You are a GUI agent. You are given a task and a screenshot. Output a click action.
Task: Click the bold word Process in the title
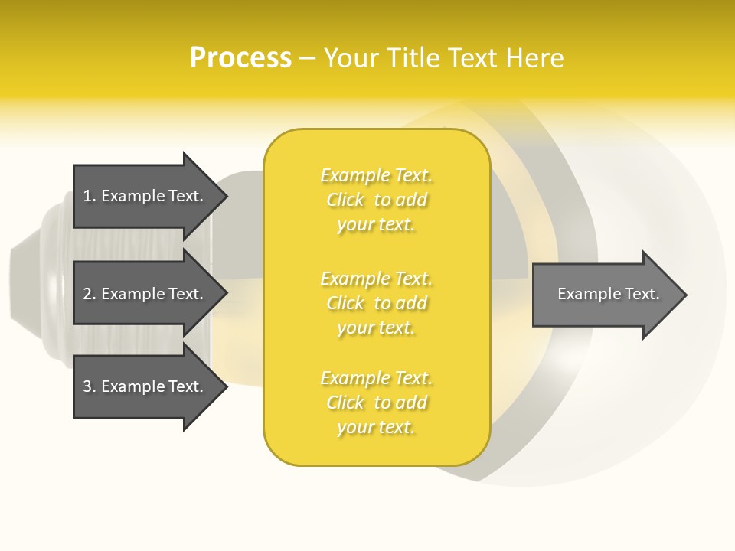(240, 58)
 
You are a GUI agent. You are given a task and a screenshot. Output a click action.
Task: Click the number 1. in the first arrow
(89, 196)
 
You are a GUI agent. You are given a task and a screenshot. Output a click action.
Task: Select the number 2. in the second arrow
(89, 294)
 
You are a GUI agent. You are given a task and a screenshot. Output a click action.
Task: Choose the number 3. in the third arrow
(89, 386)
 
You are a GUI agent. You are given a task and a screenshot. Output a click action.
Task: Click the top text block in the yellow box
(376, 200)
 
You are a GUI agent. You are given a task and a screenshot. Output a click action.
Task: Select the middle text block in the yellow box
(376, 302)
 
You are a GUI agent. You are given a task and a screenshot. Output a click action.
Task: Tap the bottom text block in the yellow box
(376, 403)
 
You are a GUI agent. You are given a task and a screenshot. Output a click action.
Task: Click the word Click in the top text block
(345, 201)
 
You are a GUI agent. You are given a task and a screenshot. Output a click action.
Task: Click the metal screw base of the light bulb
(46, 283)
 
